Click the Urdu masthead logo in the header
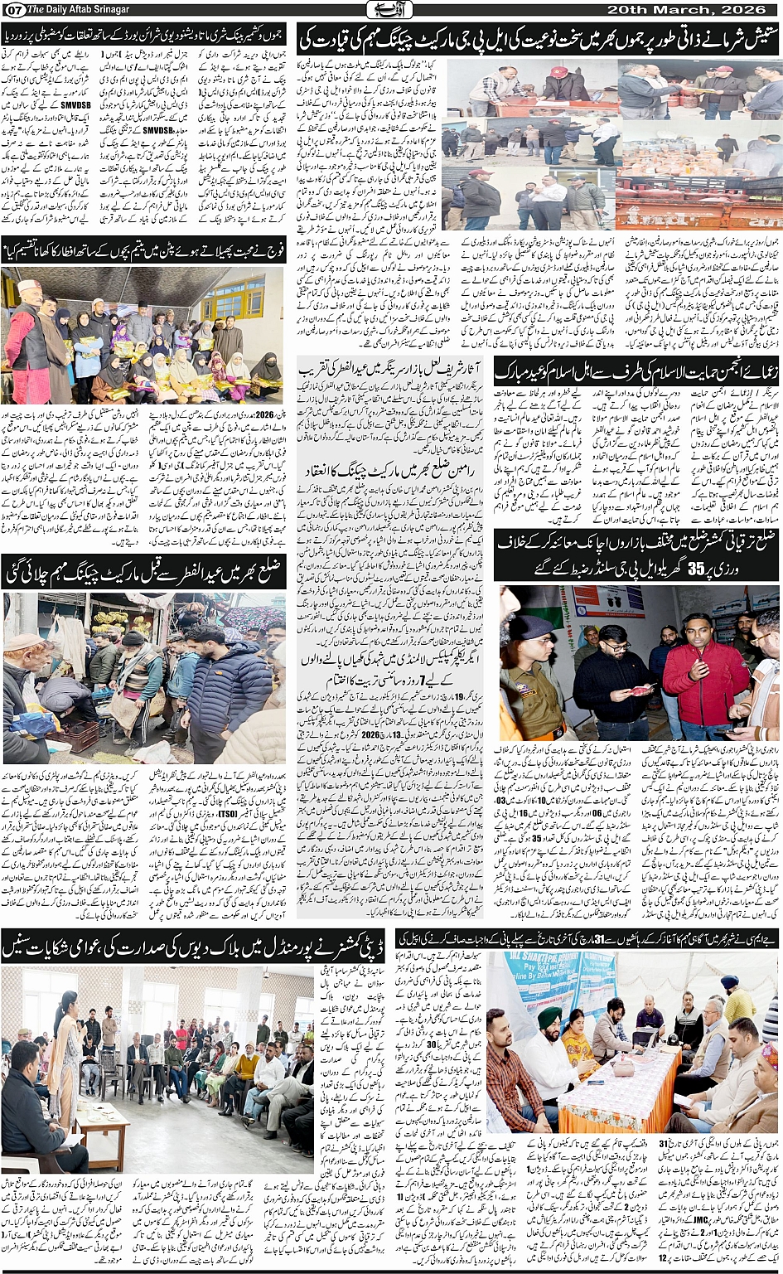(390, 9)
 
